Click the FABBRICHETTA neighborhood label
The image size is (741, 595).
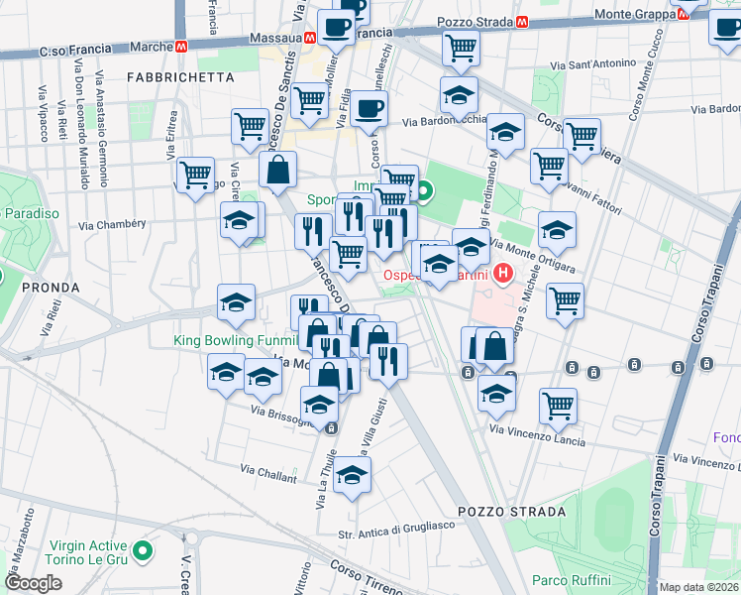[181, 76]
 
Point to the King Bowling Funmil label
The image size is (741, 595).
[230, 340]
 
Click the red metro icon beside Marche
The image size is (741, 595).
[182, 47]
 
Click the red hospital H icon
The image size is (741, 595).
[504, 274]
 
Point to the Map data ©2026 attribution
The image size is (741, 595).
[698, 587]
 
